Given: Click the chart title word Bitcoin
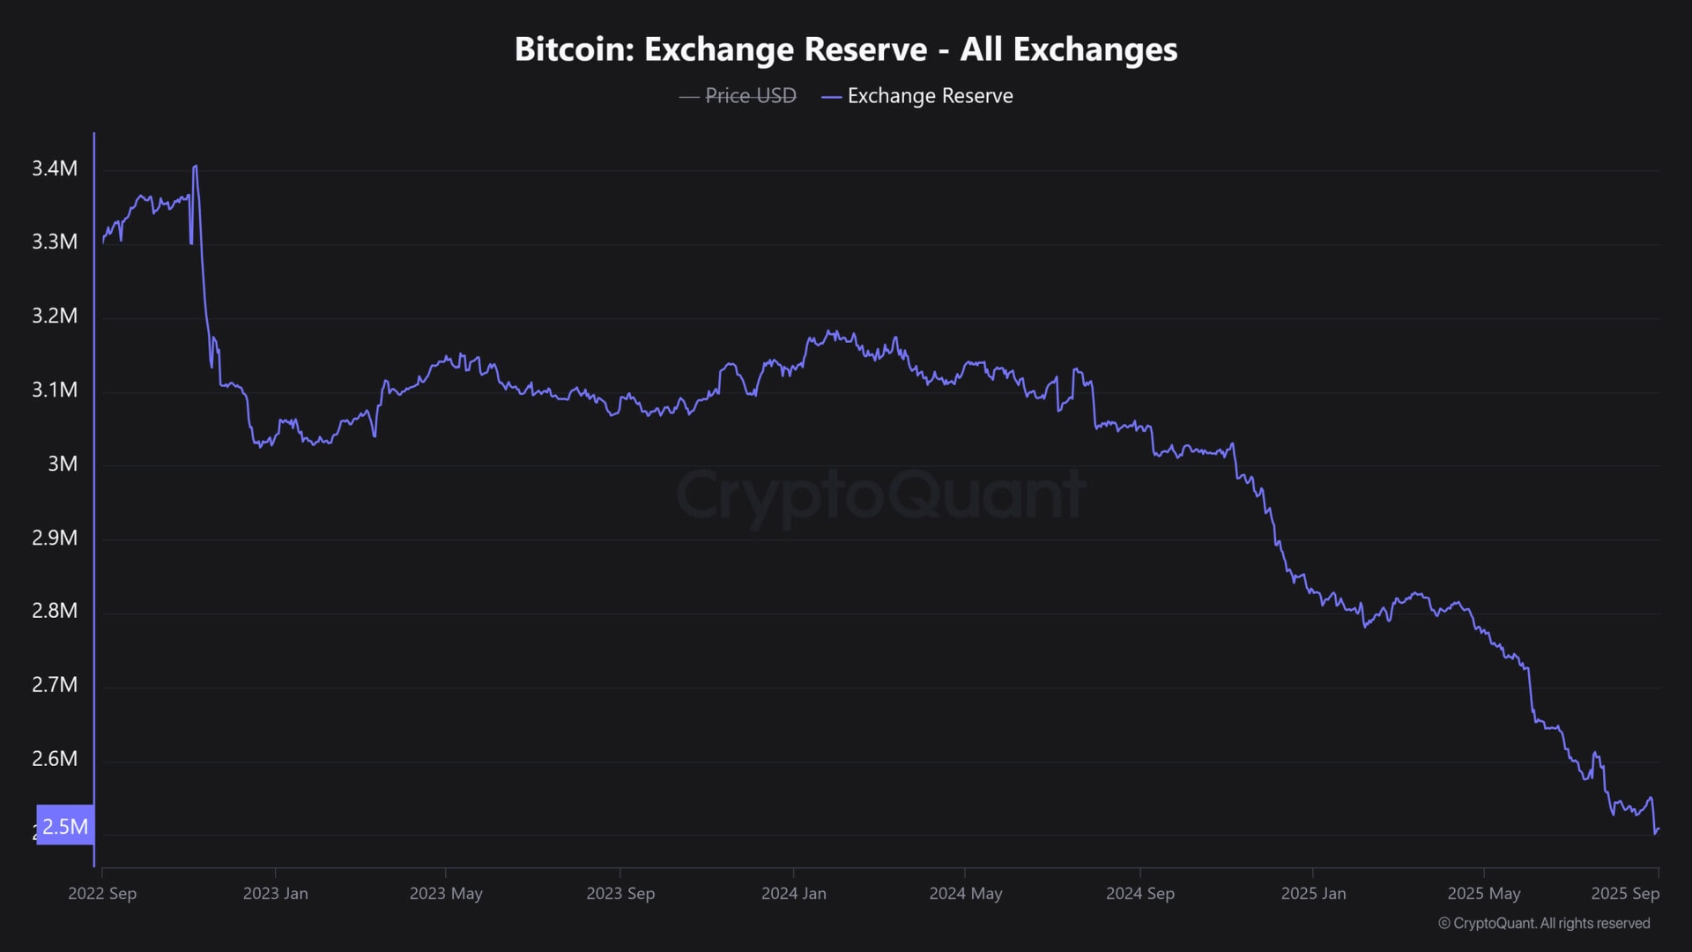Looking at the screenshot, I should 574,49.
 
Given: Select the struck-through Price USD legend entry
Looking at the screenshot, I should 750,95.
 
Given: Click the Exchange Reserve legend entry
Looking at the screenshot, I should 930,95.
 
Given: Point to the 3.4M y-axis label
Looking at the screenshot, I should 55,168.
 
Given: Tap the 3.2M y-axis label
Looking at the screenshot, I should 55,316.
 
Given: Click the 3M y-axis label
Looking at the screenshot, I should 63,464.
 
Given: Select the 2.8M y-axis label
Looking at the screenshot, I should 55,611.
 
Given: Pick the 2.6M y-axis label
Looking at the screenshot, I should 55,759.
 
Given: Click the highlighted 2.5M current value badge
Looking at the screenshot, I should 65,826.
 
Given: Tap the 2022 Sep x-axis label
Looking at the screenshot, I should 102,893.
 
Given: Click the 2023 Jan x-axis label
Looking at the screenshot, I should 275,893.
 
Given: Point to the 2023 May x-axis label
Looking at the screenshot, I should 446,893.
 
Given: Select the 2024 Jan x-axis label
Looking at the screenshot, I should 793,893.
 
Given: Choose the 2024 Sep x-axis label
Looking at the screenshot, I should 1139,893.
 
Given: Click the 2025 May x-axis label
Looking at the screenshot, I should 1484,893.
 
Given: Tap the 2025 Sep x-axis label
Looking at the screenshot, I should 1625,893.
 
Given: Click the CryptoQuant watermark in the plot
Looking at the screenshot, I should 880,495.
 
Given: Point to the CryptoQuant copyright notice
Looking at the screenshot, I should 1544,923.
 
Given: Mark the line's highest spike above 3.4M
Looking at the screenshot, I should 195,166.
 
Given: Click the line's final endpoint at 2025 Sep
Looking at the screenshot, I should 1659,829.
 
